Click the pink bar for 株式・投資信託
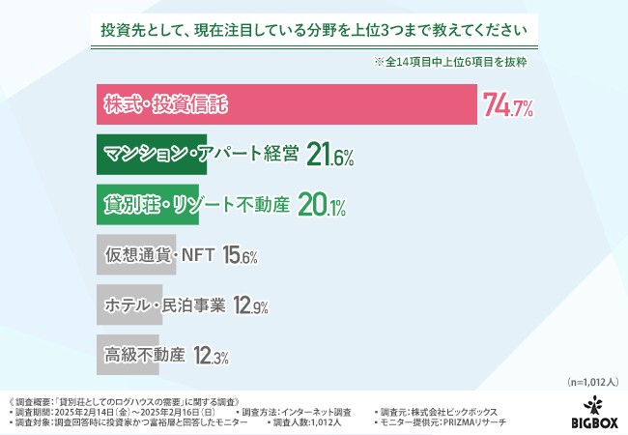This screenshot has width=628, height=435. (x=287, y=104)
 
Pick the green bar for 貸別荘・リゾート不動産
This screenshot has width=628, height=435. (x=148, y=205)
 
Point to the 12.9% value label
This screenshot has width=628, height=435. (x=248, y=306)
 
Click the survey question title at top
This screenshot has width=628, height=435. (x=314, y=30)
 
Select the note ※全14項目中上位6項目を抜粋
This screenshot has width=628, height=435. (x=454, y=63)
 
